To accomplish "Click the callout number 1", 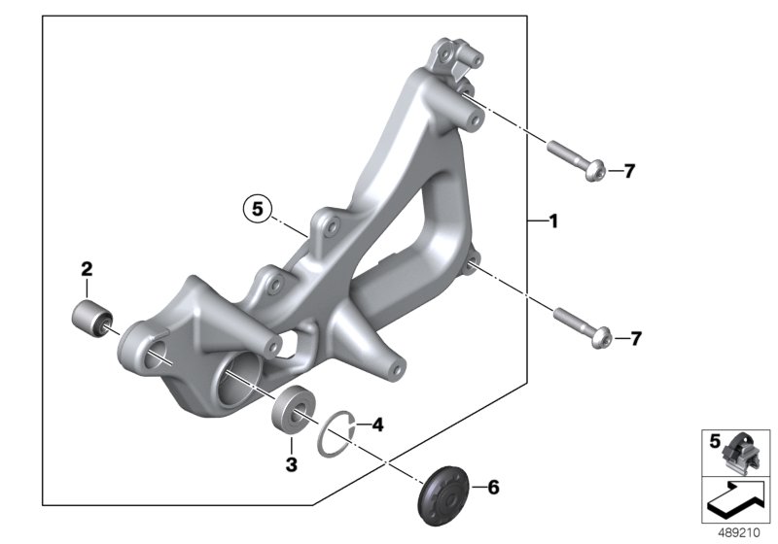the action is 553,221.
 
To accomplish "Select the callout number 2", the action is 87,269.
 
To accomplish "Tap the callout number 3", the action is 291,464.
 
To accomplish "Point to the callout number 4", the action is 377,425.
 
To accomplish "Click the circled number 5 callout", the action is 258,209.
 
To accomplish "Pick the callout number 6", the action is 493,488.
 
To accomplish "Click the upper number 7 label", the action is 629,171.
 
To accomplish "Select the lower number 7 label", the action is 636,339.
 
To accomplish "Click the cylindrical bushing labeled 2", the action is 92,319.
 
